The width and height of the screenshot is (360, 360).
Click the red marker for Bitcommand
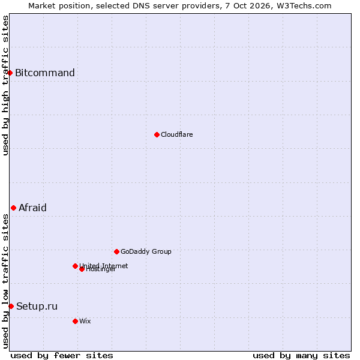pyautogui.click(x=10, y=73)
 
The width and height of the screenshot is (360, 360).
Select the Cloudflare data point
pyautogui.click(x=157, y=135)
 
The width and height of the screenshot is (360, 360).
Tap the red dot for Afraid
pyautogui.click(x=14, y=208)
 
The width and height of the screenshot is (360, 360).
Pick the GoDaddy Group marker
pyautogui.click(x=116, y=252)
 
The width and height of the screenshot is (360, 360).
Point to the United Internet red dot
pyautogui.click(x=75, y=266)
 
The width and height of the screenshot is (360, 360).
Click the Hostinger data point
pyautogui.click(x=82, y=269)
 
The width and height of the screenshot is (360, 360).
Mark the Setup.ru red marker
pyautogui.click(x=11, y=306)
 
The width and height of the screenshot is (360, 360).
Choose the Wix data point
pyautogui.click(x=75, y=322)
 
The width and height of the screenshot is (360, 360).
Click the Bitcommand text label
pyautogui.click(x=45, y=73)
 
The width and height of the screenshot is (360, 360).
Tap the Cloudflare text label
pyautogui.click(x=177, y=134)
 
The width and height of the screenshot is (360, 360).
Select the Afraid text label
pyautogui.click(x=32, y=208)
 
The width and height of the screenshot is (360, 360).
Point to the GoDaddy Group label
pyautogui.click(x=146, y=251)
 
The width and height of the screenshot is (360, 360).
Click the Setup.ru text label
pyautogui.click(x=37, y=306)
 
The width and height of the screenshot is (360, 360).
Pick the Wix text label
pyautogui.click(x=85, y=321)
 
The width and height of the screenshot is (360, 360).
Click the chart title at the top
pyautogui.click(x=180, y=6)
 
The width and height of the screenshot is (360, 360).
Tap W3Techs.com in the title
pyautogui.click(x=304, y=6)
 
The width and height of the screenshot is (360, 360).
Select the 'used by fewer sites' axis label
pyautogui.click(x=62, y=356)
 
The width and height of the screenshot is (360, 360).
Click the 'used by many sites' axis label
pyautogui.click(x=301, y=356)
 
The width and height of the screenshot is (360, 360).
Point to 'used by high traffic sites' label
pyautogui.click(x=5, y=86)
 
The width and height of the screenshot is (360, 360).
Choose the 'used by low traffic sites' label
pyautogui.click(x=5, y=281)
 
